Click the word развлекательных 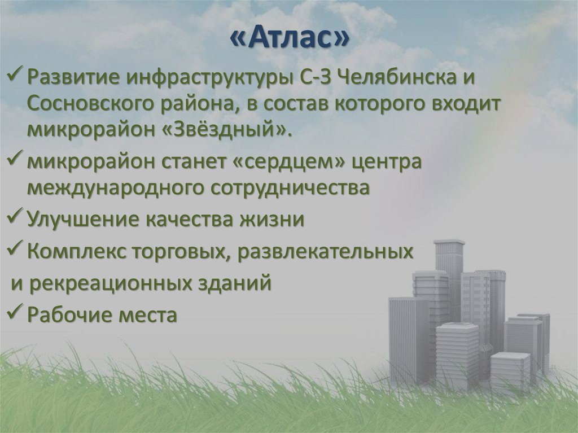click(326, 251)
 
